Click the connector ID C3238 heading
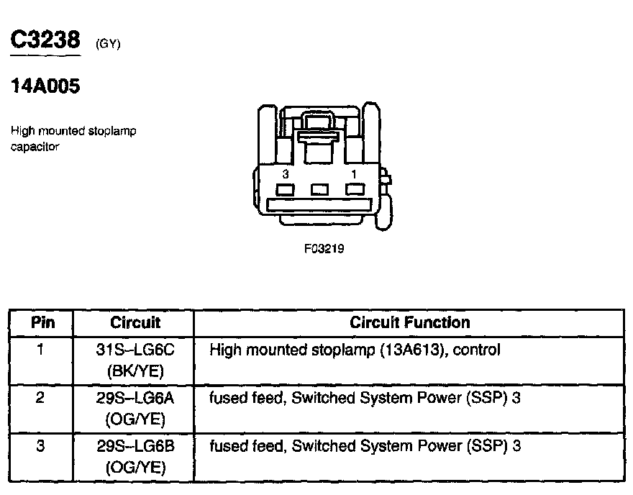pos(45,41)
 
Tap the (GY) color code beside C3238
pos(107,45)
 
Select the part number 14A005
pos(45,87)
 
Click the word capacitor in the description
pos(35,147)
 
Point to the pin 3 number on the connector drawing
pos(286,174)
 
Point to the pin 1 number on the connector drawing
pos(353,174)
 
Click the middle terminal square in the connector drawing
pos(319,189)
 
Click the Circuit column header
pos(135,322)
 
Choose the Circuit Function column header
pos(409,322)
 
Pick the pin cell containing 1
pos(41,350)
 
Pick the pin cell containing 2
pos(41,398)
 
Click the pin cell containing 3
pos(41,446)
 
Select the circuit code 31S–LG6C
pos(135,350)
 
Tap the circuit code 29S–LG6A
pos(135,398)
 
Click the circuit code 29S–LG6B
pos(135,446)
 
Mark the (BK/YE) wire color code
pos(135,371)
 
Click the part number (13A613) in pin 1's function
pos(404,350)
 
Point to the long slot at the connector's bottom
pos(319,205)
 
